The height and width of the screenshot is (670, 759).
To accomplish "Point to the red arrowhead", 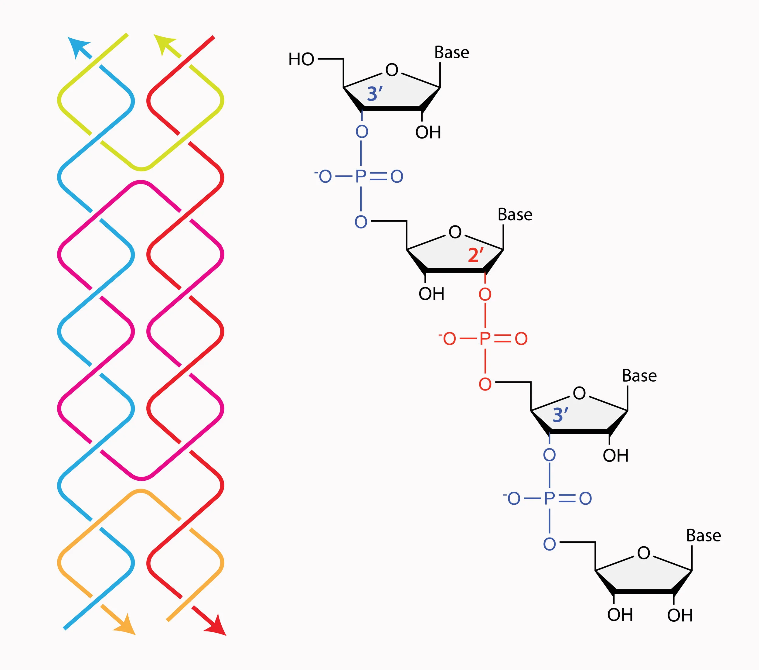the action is point(216,626).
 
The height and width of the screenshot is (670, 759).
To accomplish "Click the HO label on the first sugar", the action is point(301,60).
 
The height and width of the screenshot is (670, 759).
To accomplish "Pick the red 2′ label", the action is point(476,255).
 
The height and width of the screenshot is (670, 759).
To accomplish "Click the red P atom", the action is point(485,338).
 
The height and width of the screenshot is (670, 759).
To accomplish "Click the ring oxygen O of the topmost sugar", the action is point(392,70).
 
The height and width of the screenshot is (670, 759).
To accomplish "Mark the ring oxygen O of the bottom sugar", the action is point(644,553).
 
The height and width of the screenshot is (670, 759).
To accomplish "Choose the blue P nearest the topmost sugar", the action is point(361,177).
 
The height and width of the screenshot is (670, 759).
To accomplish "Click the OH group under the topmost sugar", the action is point(428,132).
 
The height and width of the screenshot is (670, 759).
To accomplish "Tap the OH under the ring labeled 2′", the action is point(431,294).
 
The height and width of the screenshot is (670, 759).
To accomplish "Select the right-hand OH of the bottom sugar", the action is point(680,615).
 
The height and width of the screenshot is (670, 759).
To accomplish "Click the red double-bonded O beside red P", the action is point(521,338).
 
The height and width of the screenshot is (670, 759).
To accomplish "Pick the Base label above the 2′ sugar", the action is point(515,215).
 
